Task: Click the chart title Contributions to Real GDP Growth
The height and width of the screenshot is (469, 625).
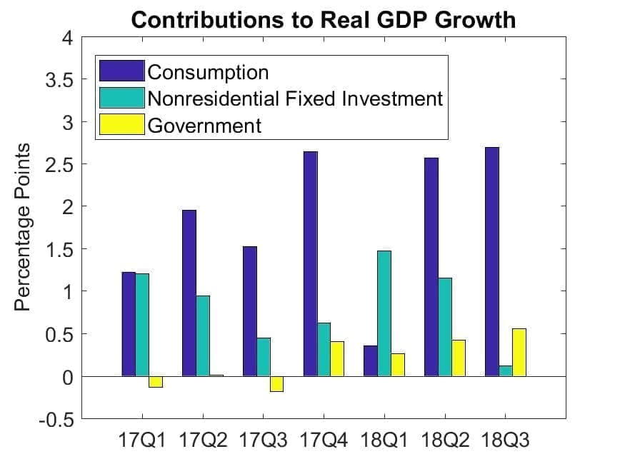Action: (323, 19)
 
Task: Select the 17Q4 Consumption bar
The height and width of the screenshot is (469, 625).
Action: (310, 263)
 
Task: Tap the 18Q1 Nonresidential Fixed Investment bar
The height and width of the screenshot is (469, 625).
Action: (384, 313)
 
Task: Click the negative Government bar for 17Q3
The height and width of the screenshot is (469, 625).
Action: (276, 383)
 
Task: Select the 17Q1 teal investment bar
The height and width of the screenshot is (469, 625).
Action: (142, 324)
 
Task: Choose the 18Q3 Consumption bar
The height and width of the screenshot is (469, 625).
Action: (491, 261)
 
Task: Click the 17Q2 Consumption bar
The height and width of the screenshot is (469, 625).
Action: (189, 293)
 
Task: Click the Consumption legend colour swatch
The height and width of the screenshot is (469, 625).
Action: (121, 71)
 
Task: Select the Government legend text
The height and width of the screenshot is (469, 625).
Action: (204, 126)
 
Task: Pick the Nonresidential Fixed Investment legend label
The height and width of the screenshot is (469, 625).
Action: (295, 99)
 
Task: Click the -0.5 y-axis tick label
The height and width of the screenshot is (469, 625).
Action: (57, 419)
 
